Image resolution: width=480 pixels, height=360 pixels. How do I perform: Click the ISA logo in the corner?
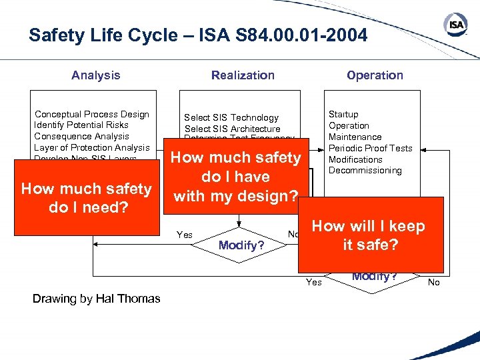pos(455,26)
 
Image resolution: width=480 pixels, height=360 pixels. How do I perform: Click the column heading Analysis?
pos(96,75)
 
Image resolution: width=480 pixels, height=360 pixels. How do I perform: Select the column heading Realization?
pos(243,75)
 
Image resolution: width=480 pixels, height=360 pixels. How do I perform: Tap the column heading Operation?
pos(375,75)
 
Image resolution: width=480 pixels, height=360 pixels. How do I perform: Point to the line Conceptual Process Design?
pos(92,114)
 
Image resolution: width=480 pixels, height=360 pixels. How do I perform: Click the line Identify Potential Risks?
pos(81,125)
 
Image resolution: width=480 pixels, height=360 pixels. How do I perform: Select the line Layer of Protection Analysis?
pos(92,147)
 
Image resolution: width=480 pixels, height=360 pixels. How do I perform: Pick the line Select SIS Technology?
pos(231,117)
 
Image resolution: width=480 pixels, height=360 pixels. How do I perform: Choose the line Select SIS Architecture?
pos(233,129)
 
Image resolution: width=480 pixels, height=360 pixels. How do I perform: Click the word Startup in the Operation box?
pos(343,114)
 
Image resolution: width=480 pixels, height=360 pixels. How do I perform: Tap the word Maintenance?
pos(355,137)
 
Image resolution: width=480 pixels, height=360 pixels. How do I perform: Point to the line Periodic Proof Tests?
pos(371,148)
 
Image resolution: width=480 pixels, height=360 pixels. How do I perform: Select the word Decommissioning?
pos(365,170)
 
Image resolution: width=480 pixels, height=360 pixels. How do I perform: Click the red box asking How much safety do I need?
pos(87,197)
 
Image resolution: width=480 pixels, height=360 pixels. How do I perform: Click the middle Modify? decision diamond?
pos(239,245)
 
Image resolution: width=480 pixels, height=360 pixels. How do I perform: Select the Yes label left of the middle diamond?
pos(185,235)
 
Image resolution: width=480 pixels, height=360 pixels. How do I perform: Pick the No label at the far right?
pos(434,282)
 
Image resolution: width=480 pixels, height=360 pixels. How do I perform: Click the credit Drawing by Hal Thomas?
pos(97,299)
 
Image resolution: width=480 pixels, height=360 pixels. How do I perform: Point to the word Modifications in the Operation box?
pos(355,159)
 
